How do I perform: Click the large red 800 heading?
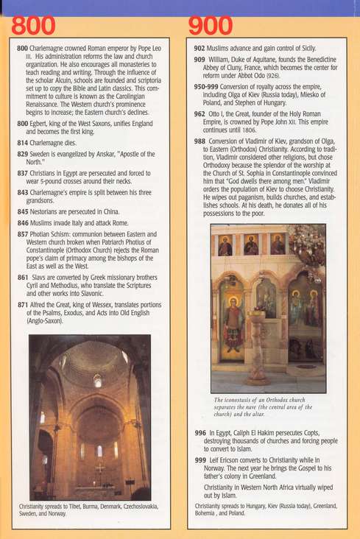33,25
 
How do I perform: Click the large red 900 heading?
211,25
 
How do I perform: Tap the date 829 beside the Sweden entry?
22,155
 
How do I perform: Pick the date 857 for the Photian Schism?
22,234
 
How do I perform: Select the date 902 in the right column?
200,48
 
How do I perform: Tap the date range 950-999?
206,86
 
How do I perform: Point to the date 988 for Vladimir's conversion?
200,141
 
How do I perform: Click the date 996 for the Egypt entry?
200,433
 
